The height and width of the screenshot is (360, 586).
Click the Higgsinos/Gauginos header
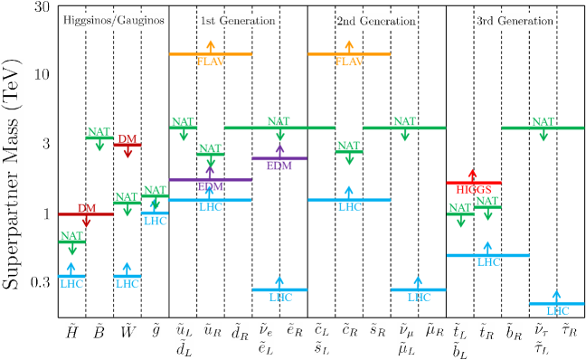pos(114,21)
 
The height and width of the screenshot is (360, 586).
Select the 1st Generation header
pos(226,21)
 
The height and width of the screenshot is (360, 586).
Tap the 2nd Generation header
pos(364,21)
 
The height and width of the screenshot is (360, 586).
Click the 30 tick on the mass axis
pos(41,7)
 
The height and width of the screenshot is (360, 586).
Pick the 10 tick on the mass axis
pos(41,73)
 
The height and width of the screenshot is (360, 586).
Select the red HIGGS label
pos(474,189)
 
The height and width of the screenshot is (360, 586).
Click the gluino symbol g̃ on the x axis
pos(156,330)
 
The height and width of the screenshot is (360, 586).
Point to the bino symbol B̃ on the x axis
pos(99,330)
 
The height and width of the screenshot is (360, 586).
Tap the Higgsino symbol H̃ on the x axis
pos(71,330)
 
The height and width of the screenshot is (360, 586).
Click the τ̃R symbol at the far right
pos(569,330)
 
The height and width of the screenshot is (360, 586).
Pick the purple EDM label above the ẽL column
pos(279,165)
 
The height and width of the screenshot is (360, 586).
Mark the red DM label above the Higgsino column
pos(86,208)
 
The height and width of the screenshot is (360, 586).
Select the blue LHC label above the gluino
pos(156,220)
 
